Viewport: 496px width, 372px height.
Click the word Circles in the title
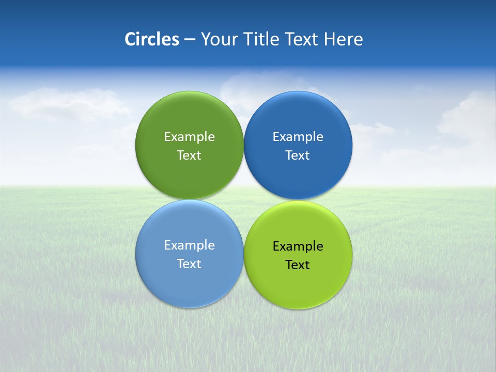(x=152, y=39)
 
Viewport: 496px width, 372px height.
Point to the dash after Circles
(x=190, y=40)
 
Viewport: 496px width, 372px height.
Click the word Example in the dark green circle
(x=189, y=137)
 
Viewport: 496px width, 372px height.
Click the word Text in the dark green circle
(x=189, y=155)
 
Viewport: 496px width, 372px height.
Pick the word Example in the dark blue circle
(x=298, y=137)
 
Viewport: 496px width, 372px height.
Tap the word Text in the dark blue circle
(x=298, y=155)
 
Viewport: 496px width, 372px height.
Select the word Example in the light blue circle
(x=189, y=245)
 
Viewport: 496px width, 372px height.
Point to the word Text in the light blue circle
(x=189, y=263)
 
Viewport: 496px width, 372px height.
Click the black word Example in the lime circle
(x=298, y=246)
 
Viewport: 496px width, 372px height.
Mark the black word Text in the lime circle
(x=298, y=265)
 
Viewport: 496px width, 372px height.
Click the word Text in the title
(x=302, y=39)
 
